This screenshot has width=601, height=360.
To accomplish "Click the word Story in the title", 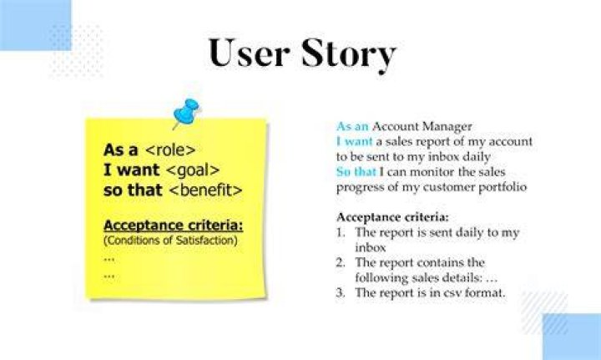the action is click(348, 53).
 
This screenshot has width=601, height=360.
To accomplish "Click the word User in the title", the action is click(249, 53).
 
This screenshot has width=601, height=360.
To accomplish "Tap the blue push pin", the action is click(186, 113).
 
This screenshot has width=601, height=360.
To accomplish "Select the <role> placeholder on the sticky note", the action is click(170, 150).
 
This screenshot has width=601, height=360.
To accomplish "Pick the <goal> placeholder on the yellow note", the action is click(193, 170).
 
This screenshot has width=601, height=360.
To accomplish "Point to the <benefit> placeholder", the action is click(205, 190).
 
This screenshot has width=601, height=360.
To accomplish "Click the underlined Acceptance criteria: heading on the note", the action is click(174, 225).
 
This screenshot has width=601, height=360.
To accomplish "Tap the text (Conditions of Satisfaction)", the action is click(170, 241).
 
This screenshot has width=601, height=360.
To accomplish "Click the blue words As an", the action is click(352, 126).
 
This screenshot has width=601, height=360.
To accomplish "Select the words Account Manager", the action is click(422, 126).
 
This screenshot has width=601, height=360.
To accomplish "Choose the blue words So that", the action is click(356, 172).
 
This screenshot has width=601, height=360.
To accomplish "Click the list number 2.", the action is click(341, 262).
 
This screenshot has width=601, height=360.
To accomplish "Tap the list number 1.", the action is click(341, 233).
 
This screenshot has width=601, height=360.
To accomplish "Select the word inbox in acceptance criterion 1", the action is click(371, 248).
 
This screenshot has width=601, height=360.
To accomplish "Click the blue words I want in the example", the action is click(355, 141).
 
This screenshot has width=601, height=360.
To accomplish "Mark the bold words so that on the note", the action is click(133, 190).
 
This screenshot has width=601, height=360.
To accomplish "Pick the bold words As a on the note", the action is click(121, 150).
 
